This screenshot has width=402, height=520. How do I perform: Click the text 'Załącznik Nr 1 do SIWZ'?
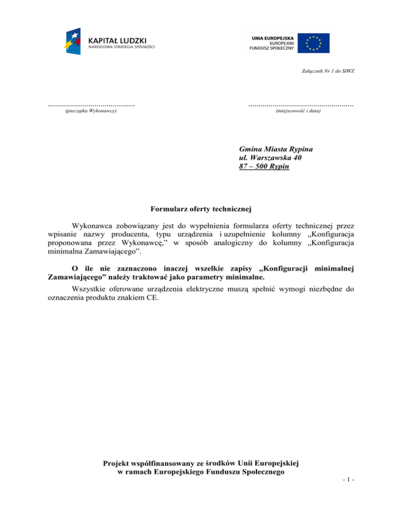click(x=325, y=71)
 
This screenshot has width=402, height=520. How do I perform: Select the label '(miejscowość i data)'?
click(x=298, y=111)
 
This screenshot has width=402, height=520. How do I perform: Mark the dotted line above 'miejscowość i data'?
click(x=300, y=106)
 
